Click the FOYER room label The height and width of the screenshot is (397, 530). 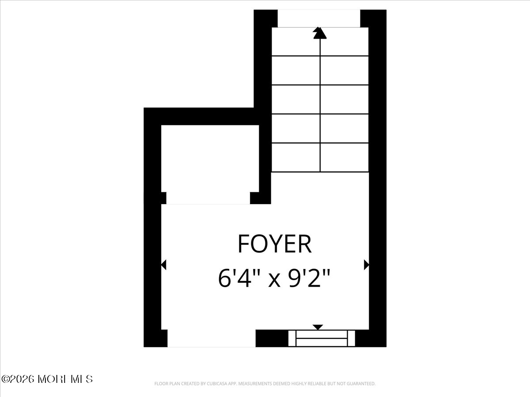(274, 244)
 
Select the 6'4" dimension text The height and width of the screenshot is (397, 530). (238, 279)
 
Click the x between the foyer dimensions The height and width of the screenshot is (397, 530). (275, 281)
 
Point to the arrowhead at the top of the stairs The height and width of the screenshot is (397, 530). (320, 33)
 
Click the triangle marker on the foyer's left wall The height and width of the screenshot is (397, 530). (163, 265)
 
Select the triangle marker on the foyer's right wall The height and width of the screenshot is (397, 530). (366, 265)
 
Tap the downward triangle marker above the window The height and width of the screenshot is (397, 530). (318, 327)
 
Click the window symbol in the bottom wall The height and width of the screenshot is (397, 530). (322, 338)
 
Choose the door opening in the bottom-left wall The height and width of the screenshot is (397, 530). (211, 338)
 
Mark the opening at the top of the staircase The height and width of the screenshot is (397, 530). (319, 18)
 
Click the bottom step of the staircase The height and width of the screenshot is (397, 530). (320, 157)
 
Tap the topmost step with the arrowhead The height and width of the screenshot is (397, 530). (320, 42)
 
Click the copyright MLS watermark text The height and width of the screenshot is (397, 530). (47, 379)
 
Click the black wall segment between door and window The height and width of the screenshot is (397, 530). (272, 338)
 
